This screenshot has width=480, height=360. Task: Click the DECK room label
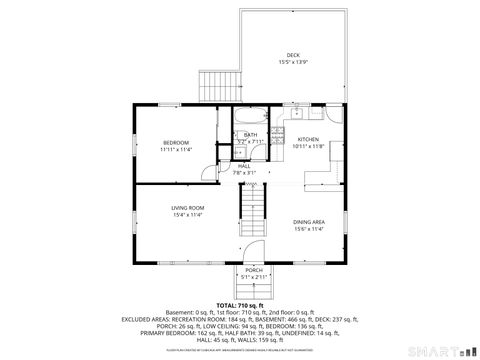pyautogui.click(x=293, y=55)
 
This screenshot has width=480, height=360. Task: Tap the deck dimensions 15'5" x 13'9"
pyautogui.click(x=293, y=63)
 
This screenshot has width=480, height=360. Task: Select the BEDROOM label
pyautogui.click(x=176, y=143)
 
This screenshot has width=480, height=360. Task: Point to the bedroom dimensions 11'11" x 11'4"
pyautogui.click(x=176, y=151)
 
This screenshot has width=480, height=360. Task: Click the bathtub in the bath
pyautogui.click(x=248, y=114)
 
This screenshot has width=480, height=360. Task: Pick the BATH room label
pyautogui.click(x=250, y=134)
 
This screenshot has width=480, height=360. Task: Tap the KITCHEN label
pyautogui.click(x=308, y=139)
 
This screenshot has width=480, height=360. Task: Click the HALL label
pyautogui.click(x=244, y=166)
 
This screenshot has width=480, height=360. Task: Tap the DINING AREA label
pyautogui.click(x=308, y=221)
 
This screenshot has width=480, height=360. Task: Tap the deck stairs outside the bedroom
pyautogui.click(x=217, y=86)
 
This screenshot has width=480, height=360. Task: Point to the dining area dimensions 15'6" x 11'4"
pyautogui.click(x=308, y=229)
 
